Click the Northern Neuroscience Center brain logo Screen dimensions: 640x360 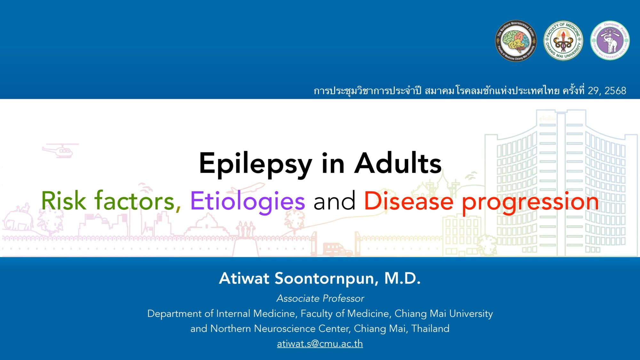click(516, 41)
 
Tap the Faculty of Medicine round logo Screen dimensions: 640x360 click(563, 41)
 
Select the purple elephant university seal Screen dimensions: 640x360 click(610, 41)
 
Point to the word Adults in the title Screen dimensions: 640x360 click(398, 163)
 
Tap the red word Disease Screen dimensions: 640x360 click(409, 201)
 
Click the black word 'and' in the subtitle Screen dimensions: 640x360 click(334, 201)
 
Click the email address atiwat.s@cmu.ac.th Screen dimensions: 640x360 click(320, 344)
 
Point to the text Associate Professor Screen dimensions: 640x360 click(320, 298)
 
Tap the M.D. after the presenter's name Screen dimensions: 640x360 click(402, 278)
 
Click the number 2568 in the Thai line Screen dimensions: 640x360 click(615, 91)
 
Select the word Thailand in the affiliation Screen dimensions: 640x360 click(430, 329)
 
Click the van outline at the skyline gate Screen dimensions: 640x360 click(336, 249)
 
